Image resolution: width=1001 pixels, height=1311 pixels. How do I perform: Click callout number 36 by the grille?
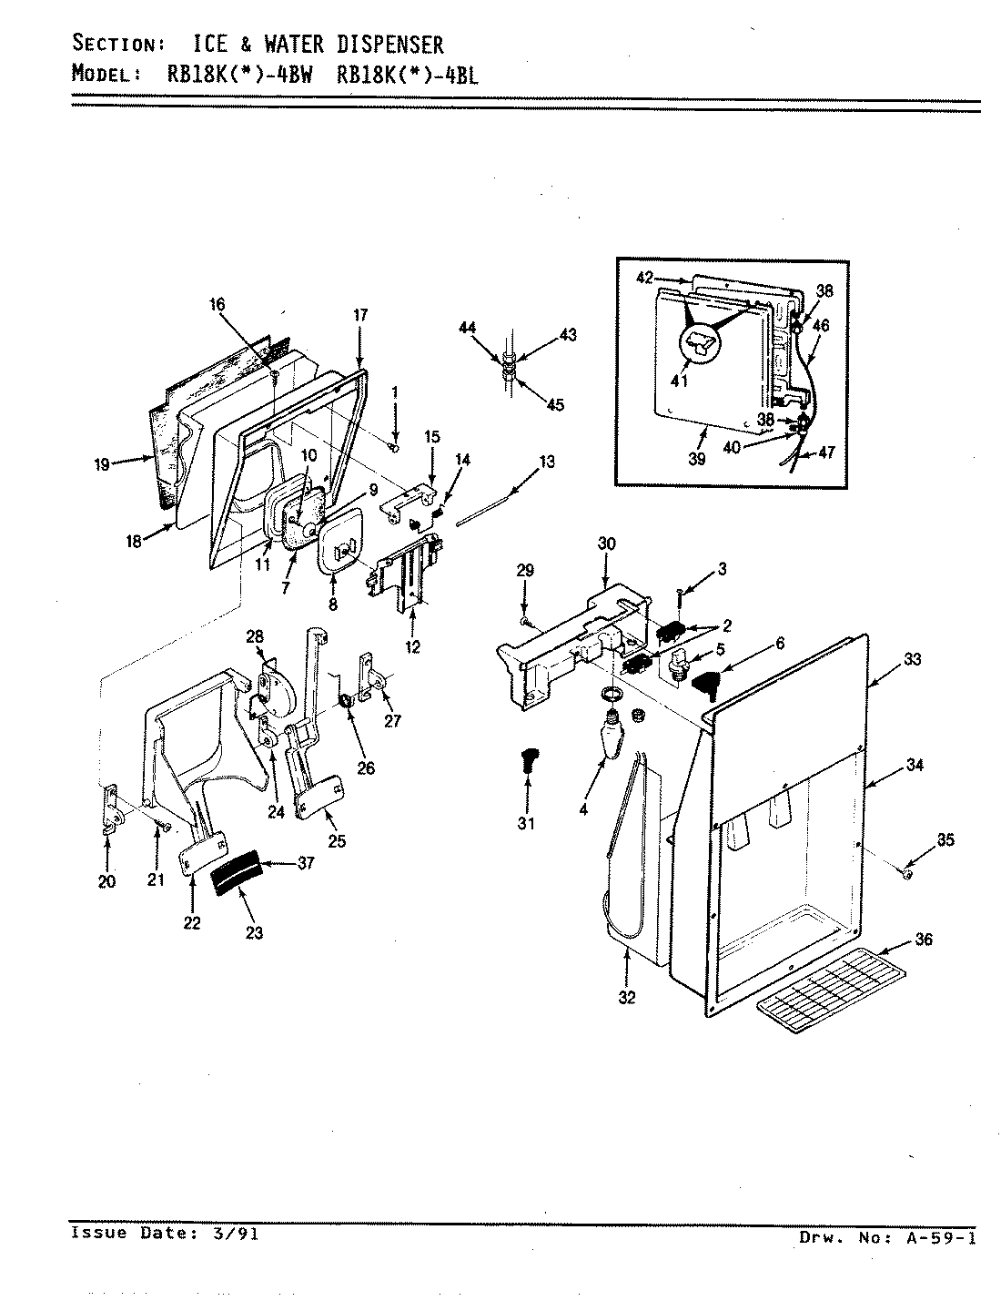pos(923,940)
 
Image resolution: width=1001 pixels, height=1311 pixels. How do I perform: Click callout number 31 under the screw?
pos(527,824)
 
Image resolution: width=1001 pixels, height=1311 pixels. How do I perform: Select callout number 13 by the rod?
pos(546,462)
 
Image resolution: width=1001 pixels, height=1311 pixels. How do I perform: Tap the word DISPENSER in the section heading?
pos(386,44)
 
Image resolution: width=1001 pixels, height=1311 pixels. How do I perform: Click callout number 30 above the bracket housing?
pos(606,544)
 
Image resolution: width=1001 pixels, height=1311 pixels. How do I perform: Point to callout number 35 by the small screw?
pos(945,840)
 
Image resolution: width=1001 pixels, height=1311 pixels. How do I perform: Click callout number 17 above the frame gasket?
pos(360,315)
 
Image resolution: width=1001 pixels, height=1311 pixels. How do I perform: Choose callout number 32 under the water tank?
pos(627,997)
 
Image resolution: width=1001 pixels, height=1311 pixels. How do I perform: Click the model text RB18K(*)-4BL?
pos(407,76)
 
